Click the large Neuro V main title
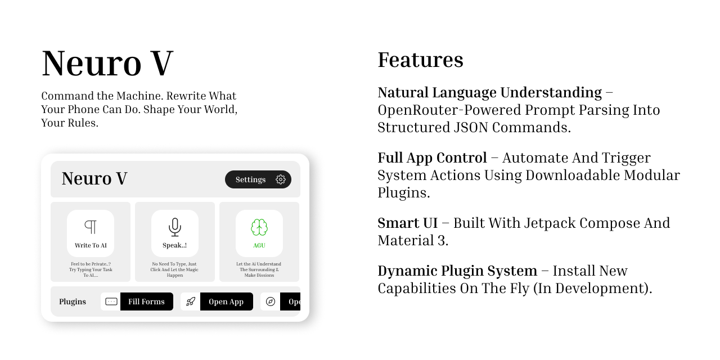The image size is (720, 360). pyautogui.click(x=107, y=63)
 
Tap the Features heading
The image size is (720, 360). pyautogui.click(x=420, y=60)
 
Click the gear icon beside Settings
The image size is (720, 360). pyautogui.click(x=281, y=179)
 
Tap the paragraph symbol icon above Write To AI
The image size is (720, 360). pyautogui.click(x=91, y=227)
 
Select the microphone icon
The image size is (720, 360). pyautogui.click(x=175, y=227)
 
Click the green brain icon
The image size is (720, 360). pyautogui.click(x=259, y=227)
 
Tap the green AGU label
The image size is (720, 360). pyautogui.click(x=259, y=245)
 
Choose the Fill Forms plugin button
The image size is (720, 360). pyautogui.click(x=146, y=301)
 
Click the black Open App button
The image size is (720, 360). pyautogui.click(x=226, y=301)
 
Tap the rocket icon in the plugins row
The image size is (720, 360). pyautogui.click(x=191, y=301)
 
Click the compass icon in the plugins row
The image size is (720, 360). pyautogui.click(x=271, y=301)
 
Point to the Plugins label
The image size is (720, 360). pyautogui.click(x=73, y=301)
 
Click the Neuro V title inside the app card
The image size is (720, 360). pyautogui.click(x=94, y=178)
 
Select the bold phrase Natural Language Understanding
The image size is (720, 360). pyautogui.click(x=489, y=92)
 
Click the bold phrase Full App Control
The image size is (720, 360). pyautogui.click(x=432, y=157)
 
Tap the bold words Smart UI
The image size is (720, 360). pyautogui.click(x=407, y=223)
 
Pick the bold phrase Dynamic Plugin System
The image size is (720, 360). pyautogui.click(x=457, y=271)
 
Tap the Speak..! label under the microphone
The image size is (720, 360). pyautogui.click(x=175, y=245)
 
